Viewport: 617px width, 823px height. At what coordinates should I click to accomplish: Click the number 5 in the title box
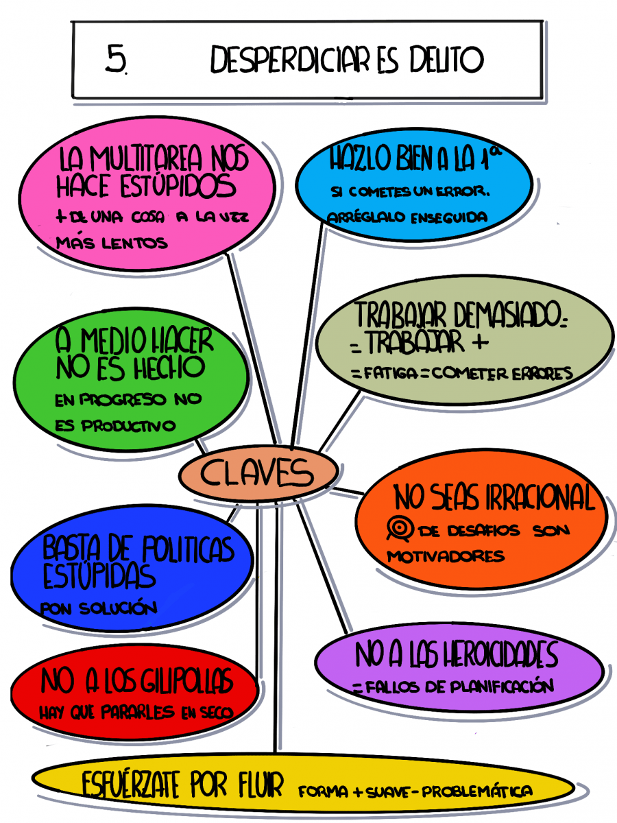coord(117,59)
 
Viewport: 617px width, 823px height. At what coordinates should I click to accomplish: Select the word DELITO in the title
coord(446,59)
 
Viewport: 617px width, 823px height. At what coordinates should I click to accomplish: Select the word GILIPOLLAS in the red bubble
coord(186,680)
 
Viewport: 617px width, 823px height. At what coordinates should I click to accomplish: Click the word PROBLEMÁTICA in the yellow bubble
coord(477,791)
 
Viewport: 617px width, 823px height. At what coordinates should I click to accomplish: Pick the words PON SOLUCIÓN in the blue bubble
coord(99,608)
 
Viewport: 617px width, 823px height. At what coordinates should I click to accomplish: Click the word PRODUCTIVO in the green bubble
coord(128,426)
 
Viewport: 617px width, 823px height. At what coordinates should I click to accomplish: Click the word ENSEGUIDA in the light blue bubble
coord(449,217)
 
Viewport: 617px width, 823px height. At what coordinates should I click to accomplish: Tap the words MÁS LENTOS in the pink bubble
coord(112,243)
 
